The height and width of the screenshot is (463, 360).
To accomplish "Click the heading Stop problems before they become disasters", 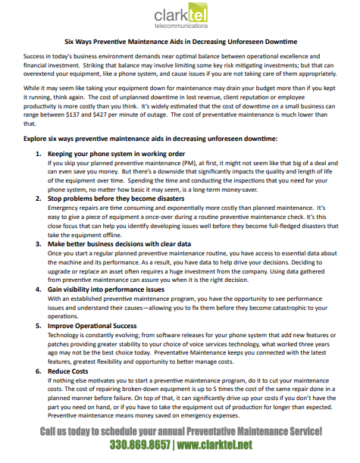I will pyautogui.click(x=114, y=198).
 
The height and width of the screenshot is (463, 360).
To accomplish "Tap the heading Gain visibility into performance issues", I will pyautogui.click(x=106, y=290).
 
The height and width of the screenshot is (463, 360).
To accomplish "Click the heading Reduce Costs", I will pyautogui.click(x=70, y=373).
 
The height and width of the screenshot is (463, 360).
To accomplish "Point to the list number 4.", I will pyautogui.click(x=39, y=290).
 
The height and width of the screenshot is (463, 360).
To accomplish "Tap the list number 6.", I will pyautogui.click(x=39, y=373).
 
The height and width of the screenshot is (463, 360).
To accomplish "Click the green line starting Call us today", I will pyautogui.click(x=180, y=431).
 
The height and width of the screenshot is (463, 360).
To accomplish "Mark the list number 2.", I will pyautogui.click(x=39, y=198).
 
